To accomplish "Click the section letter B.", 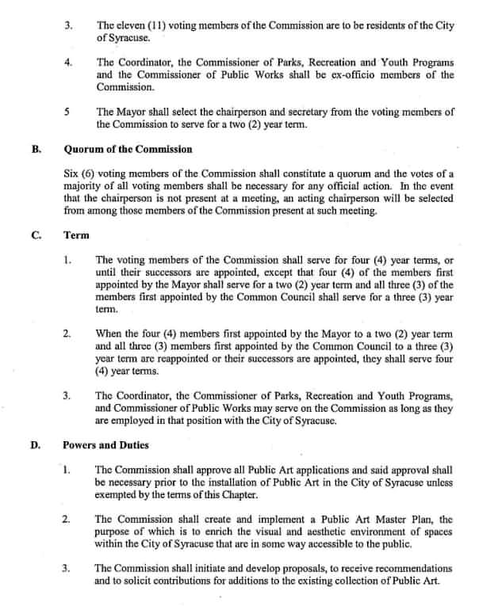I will coord(36,148).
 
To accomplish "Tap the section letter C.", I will coord(36,235).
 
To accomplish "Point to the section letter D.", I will coord(36,444).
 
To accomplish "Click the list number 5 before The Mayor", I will coord(68,112).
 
